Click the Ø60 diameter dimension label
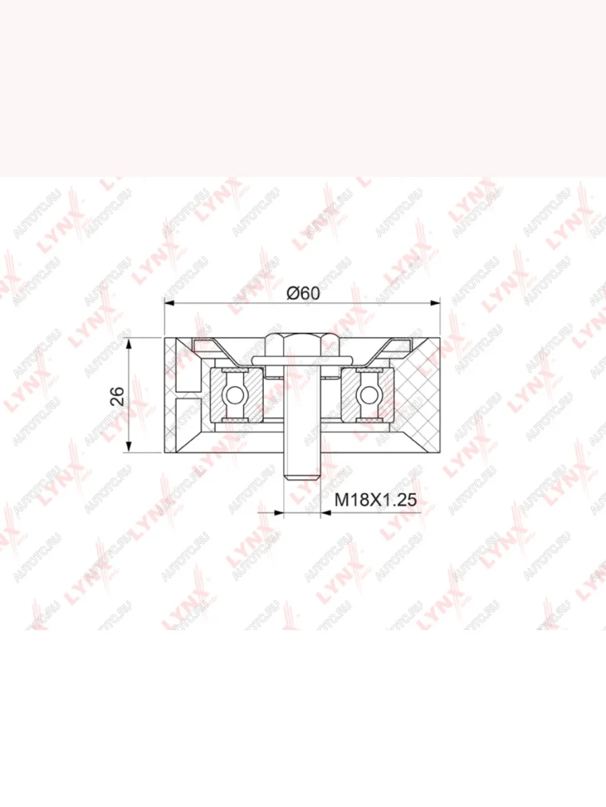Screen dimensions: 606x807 pyautogui.click(x=303, y=293)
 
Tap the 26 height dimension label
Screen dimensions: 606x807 pyautogui.click(x=118, y=395)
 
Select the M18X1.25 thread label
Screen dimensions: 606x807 pyautogui.click(x=375, y=500)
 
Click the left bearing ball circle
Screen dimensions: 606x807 pyautogui.click(x=235, y=395)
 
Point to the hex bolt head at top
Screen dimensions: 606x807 pyautogui.click(x=302, y=344)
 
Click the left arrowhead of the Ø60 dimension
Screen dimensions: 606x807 pyautogui.click(x=169, y=303)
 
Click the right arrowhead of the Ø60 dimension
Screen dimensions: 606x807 pyautogui.click(x=435, y=303)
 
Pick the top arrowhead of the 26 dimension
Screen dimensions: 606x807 pyautogui.click(x=129, y=343)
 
